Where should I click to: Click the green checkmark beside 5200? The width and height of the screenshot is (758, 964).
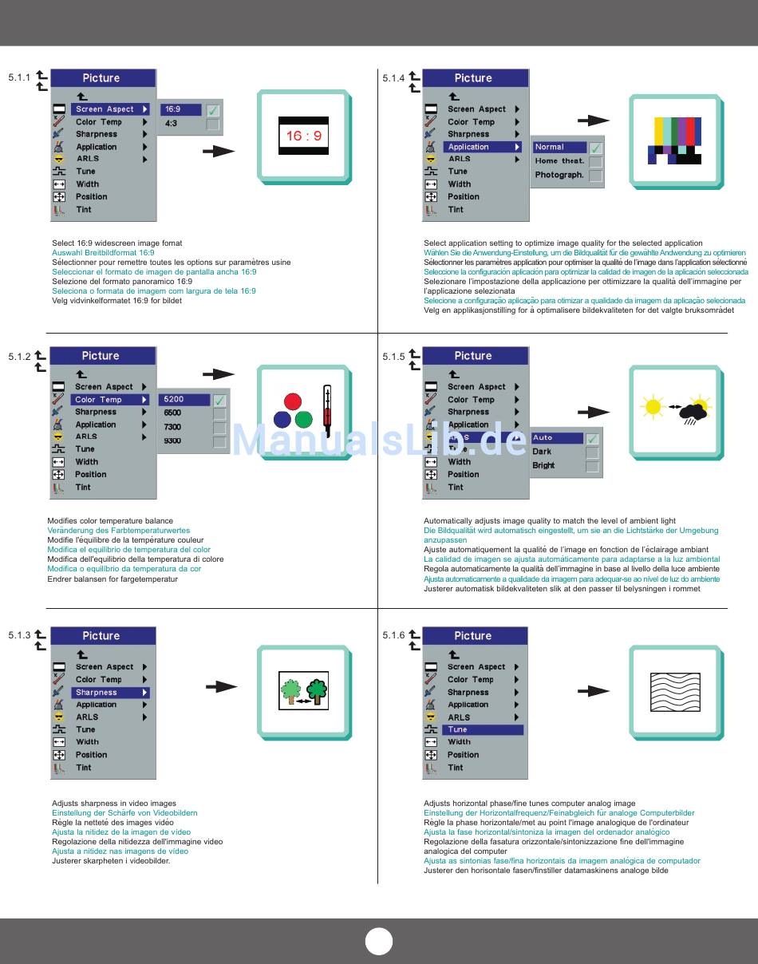click(x=219, y=400)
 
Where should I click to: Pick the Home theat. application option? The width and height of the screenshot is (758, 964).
click(x=559, y=161)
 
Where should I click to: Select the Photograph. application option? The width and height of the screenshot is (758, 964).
click(x=559, y=175)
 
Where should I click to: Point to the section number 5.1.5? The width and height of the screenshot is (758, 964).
click(x=393, y=357)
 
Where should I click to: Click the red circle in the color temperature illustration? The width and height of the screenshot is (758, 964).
click(x=293, y=401)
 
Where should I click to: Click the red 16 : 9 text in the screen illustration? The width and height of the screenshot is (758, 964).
click(x=303, y=136)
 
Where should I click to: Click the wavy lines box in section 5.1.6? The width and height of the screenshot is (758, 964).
click(x=675, y=692)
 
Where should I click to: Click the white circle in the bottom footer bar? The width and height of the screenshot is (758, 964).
click(x=379, y=942)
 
